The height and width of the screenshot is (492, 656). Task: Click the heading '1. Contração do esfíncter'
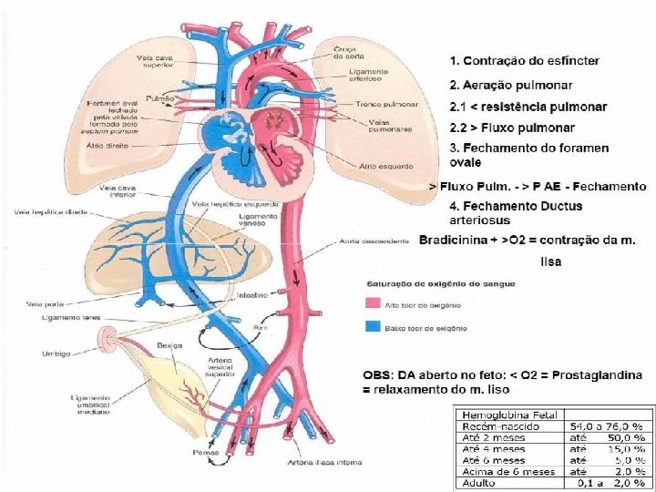coord(524,61)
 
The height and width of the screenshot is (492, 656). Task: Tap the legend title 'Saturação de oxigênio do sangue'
coord(440,284)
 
